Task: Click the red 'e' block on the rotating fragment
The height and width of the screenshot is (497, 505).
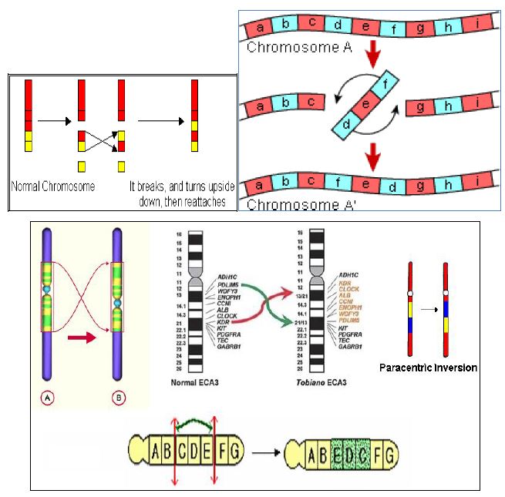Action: tap(369, 100)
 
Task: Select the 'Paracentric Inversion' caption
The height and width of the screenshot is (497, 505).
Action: tap(427, 368)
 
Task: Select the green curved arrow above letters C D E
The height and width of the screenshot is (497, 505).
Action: tap(197, 422)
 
